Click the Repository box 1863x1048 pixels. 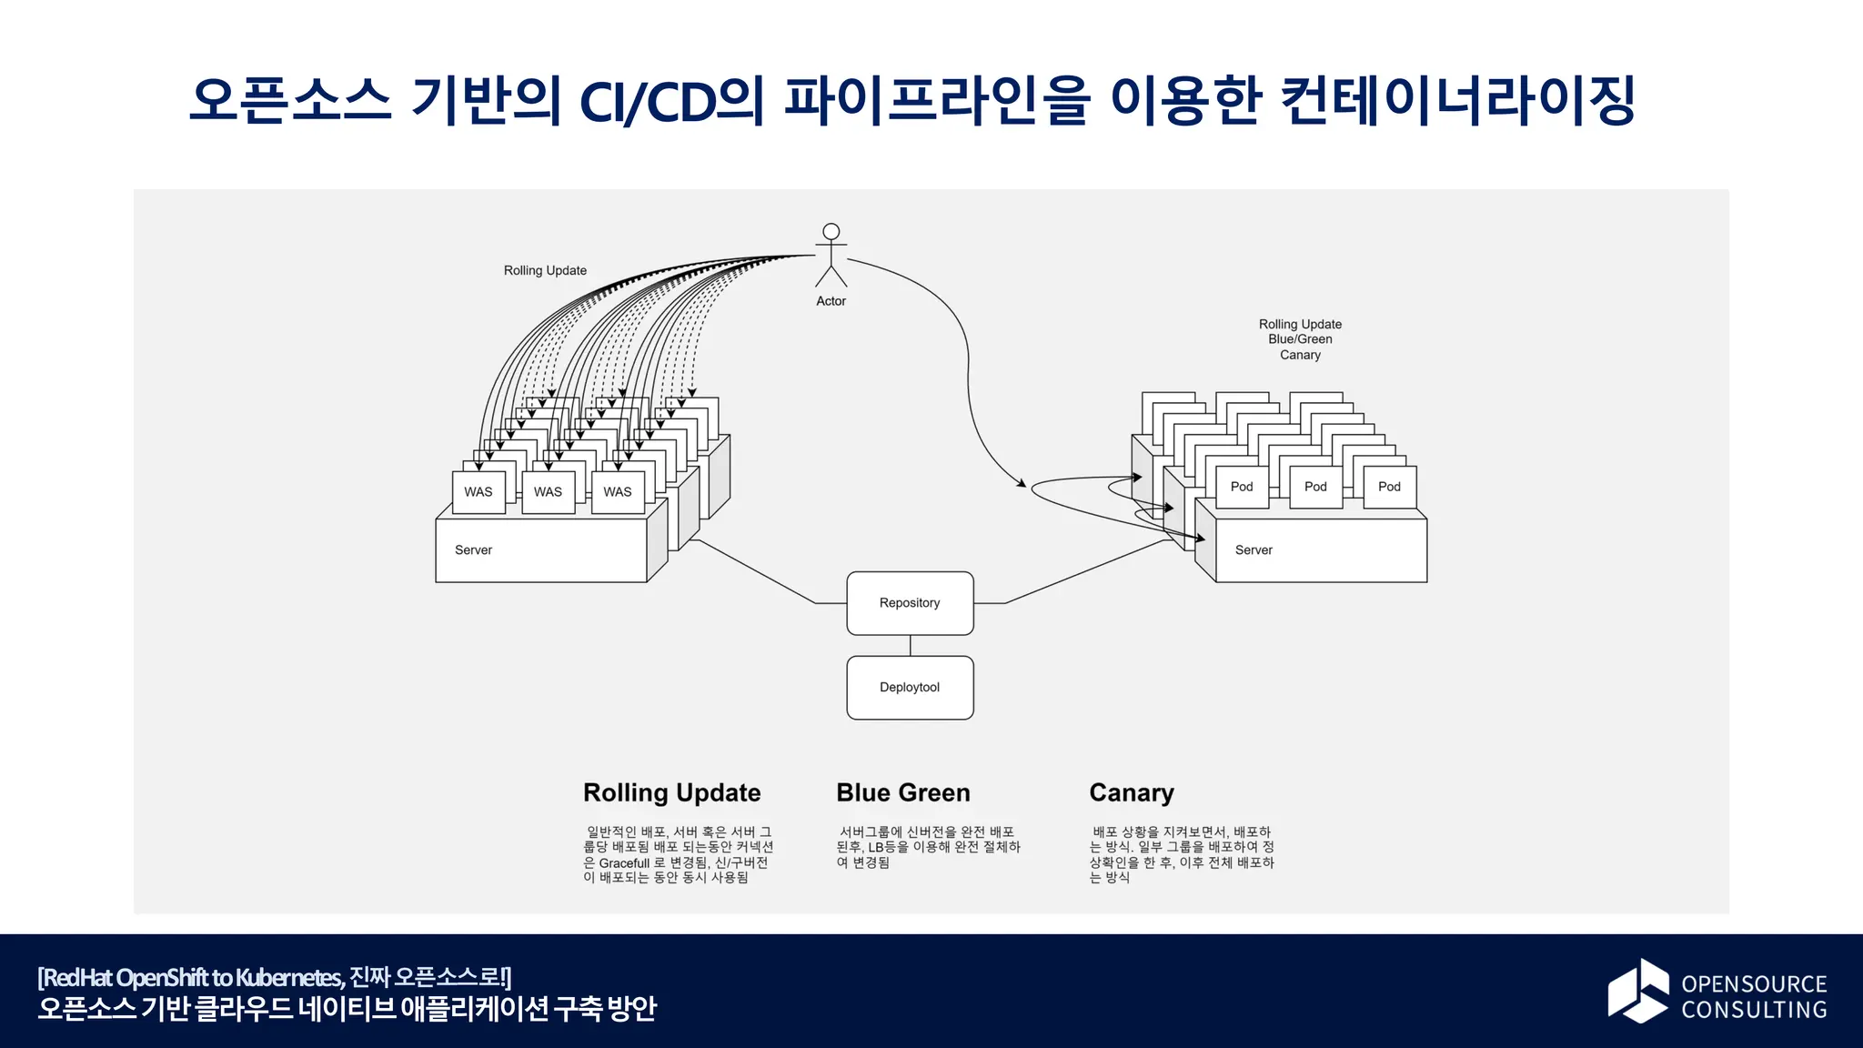pyautogui.click(x=910, y=603)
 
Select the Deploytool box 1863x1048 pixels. pyautogui.click(x=910, y=688)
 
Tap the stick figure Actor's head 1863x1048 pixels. pyautogui.click(x=831, y=232)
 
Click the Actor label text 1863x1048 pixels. pyautogui.click(x=831, y=301)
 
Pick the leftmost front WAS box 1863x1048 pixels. pyautogui.click(x=478, y=492)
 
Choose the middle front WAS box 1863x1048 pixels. pyautogui.click(x=548, y=492)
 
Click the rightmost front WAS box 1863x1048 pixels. pyautogui.click(x=618, y=492)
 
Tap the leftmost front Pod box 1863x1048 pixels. pyautogui.click(x=1242, y=487)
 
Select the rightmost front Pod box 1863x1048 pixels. pyautogui.click(x=1389, y=487)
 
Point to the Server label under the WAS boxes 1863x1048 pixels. pyautogui.click(x=473, y=550)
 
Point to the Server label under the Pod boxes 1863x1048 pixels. pyautogui.click(x=1254, y=550)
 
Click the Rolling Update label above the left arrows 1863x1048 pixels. pyautogui.click(x=545, y=270)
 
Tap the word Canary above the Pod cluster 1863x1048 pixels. pyautogui.click(x=1300, y=355)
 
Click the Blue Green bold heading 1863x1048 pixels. pyautogui.click(x=903, y=793)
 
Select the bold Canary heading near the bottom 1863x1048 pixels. pyautogui.click(x=1132, y=793)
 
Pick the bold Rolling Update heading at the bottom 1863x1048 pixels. pyautogui.click(x=671, y=793)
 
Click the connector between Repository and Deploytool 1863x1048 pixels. pyautogui.click(x=911, y=646)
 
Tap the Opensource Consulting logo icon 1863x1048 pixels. pyautogui.click(x=1637, y=991)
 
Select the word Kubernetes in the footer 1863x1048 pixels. pyautogui.click(x=288, y=978)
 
